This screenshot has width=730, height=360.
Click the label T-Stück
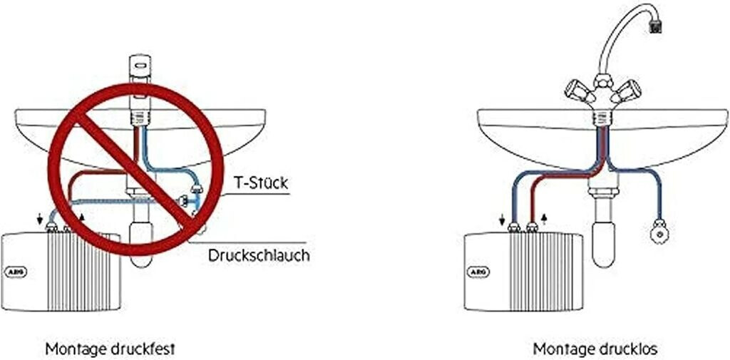(261, 182)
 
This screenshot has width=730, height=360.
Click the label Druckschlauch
(258, 256)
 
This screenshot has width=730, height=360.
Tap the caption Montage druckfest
(110, 349)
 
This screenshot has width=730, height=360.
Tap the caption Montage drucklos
(595, 349)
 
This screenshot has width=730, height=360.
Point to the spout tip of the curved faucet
(655, 28)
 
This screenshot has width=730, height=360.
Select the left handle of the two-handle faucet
(578, 91)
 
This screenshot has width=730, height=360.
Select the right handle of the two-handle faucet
(626, 91)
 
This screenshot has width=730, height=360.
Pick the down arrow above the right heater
(502, 219)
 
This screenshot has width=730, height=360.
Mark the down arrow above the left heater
(40, 219)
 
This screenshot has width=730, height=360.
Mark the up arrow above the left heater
(82, 218)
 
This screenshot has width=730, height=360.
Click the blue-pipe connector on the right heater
(513, 227)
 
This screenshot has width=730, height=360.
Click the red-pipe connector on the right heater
(532, 227)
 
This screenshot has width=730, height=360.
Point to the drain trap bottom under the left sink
(140, 259)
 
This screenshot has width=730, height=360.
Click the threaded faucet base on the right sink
(602, 118)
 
